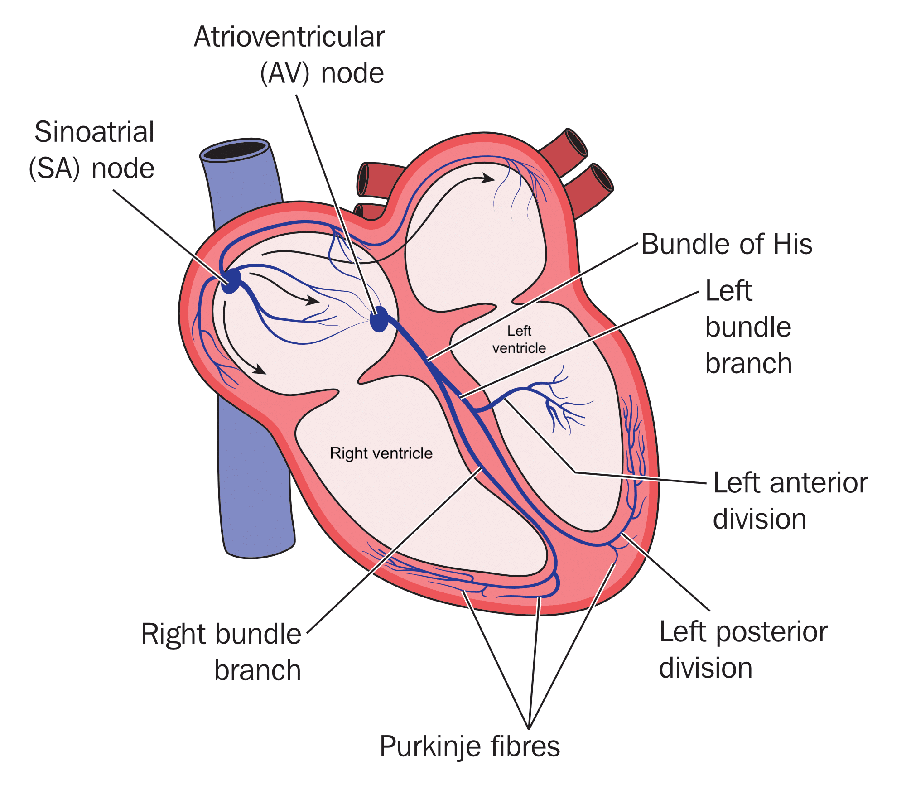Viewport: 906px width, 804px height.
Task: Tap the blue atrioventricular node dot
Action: point(379,319)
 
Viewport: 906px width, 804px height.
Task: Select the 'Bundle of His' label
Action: point(726,244)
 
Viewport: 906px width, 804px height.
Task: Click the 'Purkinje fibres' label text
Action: point(470,746)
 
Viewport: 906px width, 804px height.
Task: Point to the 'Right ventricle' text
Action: point(381,453)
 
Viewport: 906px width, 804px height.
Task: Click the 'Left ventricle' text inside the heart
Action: point(519,339)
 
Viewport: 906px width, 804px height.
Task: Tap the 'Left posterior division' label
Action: point(743,650)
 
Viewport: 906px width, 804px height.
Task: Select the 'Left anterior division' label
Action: point(790,501)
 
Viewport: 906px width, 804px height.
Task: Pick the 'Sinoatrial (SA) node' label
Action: point(92,150)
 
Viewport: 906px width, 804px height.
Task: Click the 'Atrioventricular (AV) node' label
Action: point(289,55)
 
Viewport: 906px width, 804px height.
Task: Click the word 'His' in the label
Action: point(792,244)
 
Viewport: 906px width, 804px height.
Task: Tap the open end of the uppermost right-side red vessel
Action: point(576,142)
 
